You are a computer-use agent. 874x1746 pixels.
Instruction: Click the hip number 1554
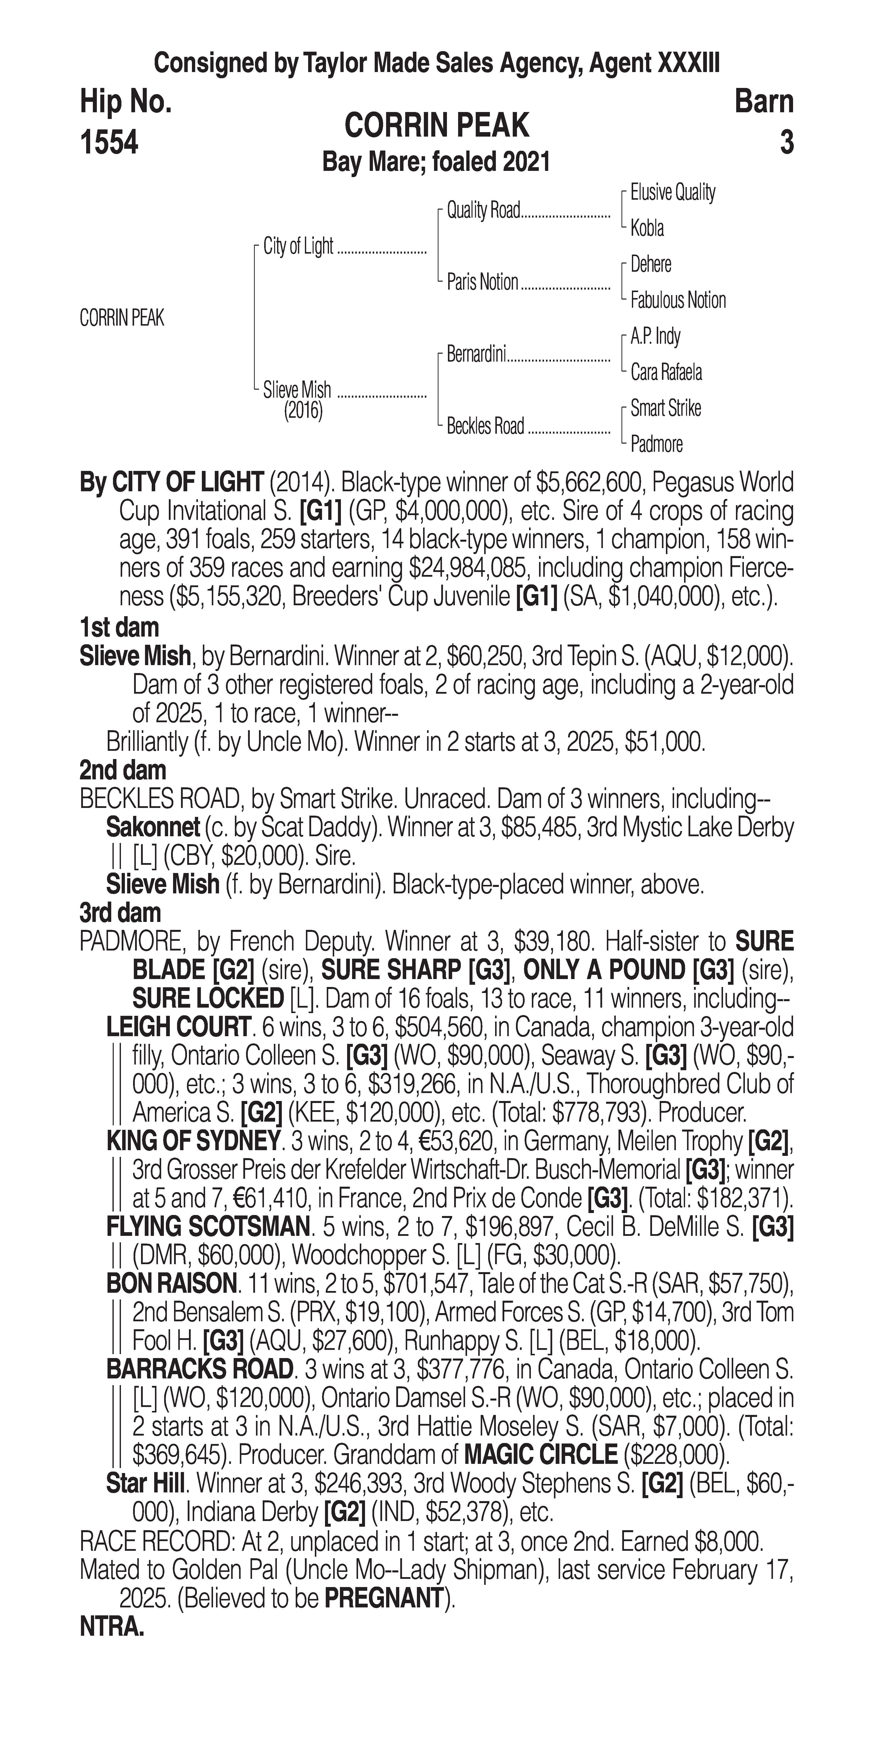(109, 143)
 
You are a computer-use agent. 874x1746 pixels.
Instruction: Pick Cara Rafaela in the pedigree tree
(666, 372)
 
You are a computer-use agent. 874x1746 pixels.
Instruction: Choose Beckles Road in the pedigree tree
(485, 426)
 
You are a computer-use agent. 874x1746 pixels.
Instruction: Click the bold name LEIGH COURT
(178, 1027)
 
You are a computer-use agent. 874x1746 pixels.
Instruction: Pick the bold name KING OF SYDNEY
(192, 1141)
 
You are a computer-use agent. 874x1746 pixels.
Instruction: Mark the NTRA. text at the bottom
(112, 1627)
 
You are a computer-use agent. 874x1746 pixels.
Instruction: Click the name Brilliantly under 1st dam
(146, 742)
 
